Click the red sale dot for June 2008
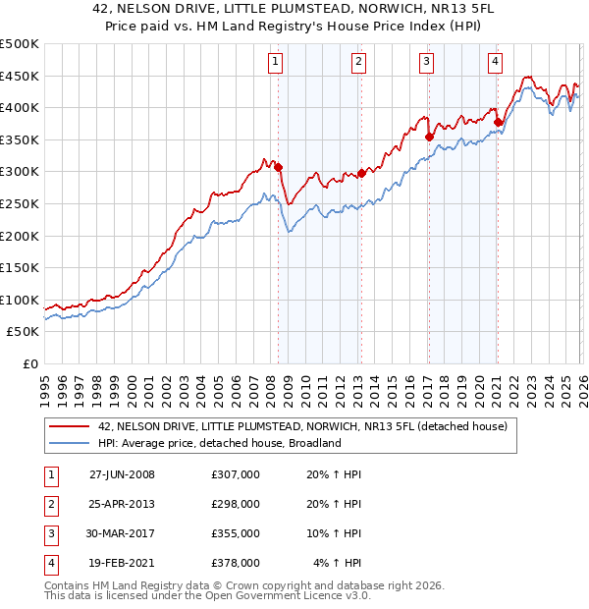[279, 167]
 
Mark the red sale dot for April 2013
[361, 173]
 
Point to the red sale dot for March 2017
[429, 137]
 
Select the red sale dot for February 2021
[498, 122]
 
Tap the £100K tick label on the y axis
[20, 300]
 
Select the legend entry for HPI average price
[219, 443]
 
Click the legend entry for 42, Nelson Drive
[302, 426]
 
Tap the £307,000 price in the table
[236, 474]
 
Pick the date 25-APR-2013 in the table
[122, 504]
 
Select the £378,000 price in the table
[236, 563]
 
